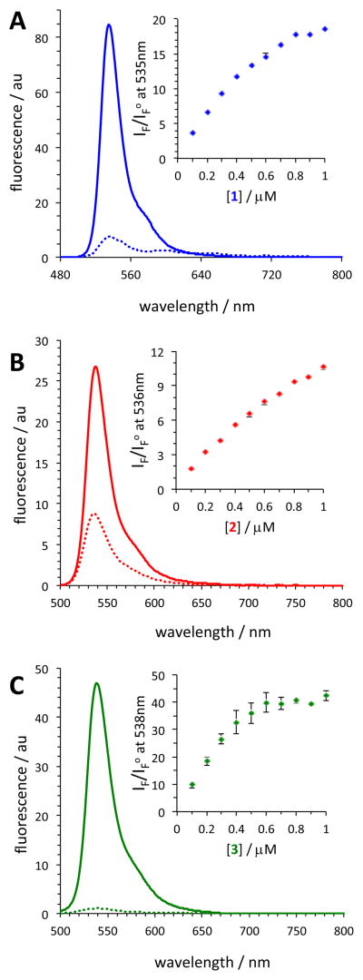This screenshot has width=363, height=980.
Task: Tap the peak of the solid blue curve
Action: (x=109, y=25)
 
